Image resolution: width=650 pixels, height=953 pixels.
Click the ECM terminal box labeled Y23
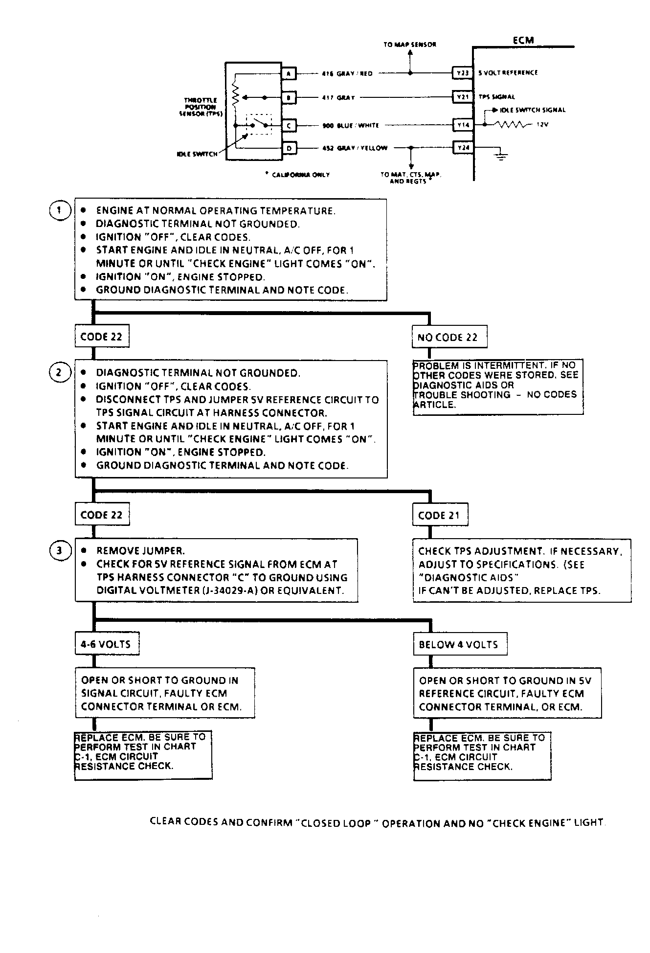point(462,73)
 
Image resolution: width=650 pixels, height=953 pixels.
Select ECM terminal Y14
point(462,125)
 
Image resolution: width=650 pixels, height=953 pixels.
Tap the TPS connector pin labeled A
point(289,73)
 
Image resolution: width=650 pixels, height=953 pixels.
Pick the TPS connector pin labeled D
point(289,148)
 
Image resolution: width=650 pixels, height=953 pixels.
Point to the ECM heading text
point(523,40)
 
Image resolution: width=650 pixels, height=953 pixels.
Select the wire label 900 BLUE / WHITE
point(350,126)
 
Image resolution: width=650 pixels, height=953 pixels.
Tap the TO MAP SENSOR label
point(409,45)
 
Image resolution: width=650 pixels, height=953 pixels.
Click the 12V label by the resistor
point(542,125)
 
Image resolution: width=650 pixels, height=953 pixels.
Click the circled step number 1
point(60,211)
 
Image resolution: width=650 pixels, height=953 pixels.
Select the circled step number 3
point(60,551)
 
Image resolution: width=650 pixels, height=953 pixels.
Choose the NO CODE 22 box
point(449,337)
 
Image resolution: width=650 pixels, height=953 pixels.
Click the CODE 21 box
point(439,515)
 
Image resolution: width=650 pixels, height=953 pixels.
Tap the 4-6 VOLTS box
point(106,644)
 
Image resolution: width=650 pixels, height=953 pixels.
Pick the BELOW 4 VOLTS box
point(459,644)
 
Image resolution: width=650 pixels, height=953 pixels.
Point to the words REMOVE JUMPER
point(140,551)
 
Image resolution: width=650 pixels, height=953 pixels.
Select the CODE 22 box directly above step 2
point(102,337)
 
